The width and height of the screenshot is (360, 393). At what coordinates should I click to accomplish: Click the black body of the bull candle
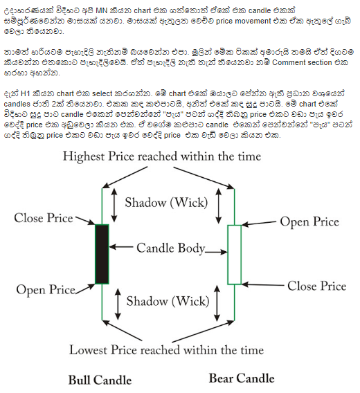(102, 254)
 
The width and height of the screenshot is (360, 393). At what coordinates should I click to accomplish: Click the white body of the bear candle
(234, 255)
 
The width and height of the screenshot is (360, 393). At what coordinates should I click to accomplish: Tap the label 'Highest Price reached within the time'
(162, 156)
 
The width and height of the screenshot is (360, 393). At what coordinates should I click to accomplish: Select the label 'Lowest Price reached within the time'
(166, 349)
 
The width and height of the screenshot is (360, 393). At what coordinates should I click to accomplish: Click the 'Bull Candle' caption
(100, 380)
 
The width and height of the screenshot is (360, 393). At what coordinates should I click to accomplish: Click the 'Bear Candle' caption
(242, 378)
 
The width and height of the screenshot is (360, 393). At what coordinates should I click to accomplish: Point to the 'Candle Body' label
(171, 248)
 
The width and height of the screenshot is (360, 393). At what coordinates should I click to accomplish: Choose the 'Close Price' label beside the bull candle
(44, 218)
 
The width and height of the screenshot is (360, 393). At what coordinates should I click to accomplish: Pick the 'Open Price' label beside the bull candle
(46, 290)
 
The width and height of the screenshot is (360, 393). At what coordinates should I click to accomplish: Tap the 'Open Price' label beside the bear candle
(309, 222)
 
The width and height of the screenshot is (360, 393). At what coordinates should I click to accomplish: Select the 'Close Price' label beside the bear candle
(317, 286)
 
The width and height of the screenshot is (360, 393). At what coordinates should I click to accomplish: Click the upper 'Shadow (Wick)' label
(166, 202)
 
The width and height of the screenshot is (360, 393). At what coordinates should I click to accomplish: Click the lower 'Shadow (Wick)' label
(168, 301)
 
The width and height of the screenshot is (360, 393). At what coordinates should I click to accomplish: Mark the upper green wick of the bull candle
(102, 206)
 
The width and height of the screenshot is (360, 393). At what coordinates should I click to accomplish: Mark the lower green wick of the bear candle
(234, 302)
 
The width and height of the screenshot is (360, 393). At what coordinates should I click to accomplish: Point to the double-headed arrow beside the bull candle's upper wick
(114, 205)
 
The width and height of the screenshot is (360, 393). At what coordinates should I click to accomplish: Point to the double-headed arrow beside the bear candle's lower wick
(217, 303)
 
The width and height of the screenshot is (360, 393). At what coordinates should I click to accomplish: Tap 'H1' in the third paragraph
(26, 93)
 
